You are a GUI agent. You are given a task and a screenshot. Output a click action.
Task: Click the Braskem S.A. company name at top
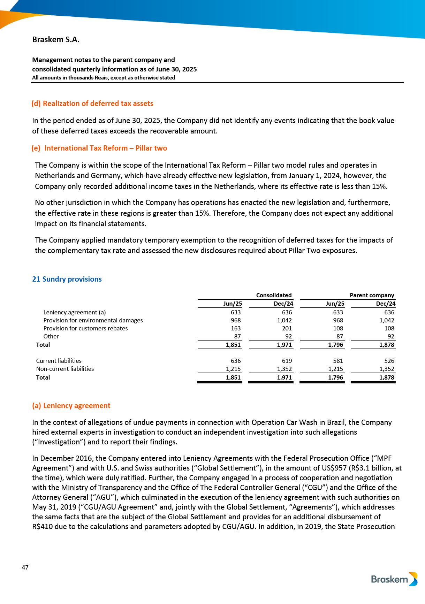point(56,40)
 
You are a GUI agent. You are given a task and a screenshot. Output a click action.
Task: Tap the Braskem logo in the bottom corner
point(394,579)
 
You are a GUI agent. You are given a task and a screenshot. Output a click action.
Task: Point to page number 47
point(25,567)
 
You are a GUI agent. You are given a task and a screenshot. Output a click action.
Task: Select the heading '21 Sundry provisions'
point(67,279)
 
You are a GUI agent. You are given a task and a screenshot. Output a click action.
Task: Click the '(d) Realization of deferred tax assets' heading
point(92,104)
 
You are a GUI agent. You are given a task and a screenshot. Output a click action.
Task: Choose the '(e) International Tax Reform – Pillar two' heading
point(99,148)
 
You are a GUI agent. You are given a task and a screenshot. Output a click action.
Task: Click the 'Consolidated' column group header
point(274,295)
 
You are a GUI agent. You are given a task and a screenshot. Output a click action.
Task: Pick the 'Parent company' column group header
point(372,295)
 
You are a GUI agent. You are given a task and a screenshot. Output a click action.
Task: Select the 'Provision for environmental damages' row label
point(93,320)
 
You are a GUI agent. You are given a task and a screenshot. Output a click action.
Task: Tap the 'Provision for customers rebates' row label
point(85,328)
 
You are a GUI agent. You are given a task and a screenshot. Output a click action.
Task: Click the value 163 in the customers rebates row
point(236,328)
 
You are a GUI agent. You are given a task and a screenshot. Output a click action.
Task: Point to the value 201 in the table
point(287,328)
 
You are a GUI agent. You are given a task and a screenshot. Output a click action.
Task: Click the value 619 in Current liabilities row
point(287,361)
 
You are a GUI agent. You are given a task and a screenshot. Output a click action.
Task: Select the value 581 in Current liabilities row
point(338,361)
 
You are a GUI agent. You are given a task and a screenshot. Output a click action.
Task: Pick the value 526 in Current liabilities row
point(389,361)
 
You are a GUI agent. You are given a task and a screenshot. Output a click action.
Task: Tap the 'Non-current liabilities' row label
point(65,369)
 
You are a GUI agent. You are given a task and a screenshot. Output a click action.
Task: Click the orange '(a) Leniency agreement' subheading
point(71,406)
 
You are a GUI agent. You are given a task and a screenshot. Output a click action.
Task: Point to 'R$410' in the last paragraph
point(43,527)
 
